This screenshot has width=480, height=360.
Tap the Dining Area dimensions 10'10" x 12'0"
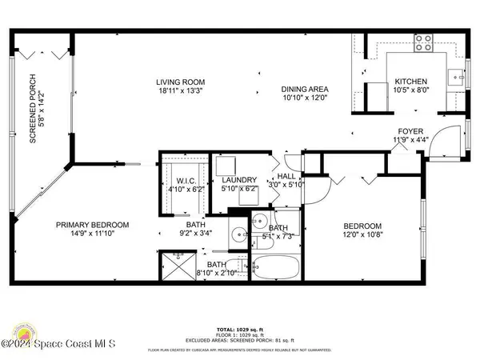point(306,98)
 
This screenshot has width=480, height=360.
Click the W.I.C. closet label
point(182,181)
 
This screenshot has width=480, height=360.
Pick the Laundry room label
point(238,180)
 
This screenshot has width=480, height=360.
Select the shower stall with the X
point(173,265)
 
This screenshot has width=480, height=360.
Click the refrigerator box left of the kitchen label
point(376,93)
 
